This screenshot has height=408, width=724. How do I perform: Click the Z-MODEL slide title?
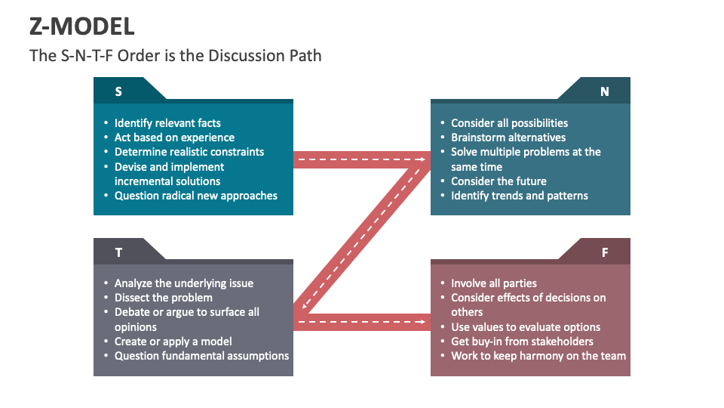[x=82, y=26]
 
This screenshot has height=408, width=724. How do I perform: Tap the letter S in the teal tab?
[x=118, y=91]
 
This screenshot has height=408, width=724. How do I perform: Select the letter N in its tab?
[x=604, y=91]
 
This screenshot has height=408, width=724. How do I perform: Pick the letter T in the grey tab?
[x=118, y=252]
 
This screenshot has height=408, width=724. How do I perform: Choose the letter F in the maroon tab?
[x=604, y=252]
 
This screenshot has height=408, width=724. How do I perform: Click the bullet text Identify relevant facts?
[x=167, y=123]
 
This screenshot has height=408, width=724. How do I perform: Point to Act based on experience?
[x=174, y=138]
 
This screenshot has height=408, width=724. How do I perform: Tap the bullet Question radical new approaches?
[x=196, y=196]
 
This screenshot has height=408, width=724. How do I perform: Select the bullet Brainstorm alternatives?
[x=508, y=138]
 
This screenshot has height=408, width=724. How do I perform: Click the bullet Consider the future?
[x=499, y=181]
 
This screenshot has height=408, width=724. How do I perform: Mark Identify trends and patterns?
[x=520, y=196]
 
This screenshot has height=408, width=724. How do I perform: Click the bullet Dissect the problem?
[x=164, y=298]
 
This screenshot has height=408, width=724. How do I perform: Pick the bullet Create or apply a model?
[x=173, y=342]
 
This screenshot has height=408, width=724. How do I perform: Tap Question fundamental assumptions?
[x=201, y=356]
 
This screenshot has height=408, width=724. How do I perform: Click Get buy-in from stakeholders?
[x=522, y=342]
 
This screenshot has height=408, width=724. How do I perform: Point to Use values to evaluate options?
[x=526, y=327]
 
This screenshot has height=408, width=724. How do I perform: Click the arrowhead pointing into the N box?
[x=420, y=159]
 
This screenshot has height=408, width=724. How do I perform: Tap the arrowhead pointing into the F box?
[x=420, y=323]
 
